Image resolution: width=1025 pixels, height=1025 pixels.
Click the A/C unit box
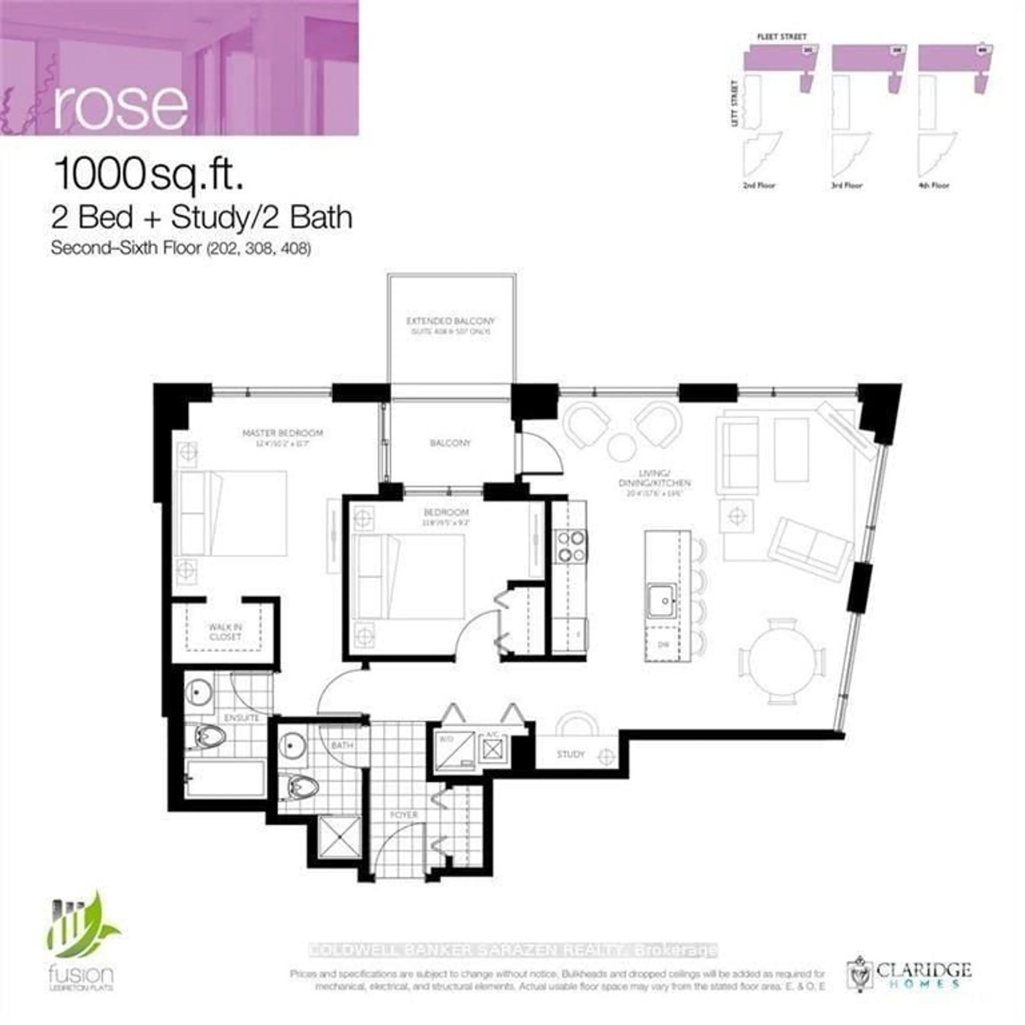492,749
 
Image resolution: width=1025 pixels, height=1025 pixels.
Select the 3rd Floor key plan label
846,185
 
